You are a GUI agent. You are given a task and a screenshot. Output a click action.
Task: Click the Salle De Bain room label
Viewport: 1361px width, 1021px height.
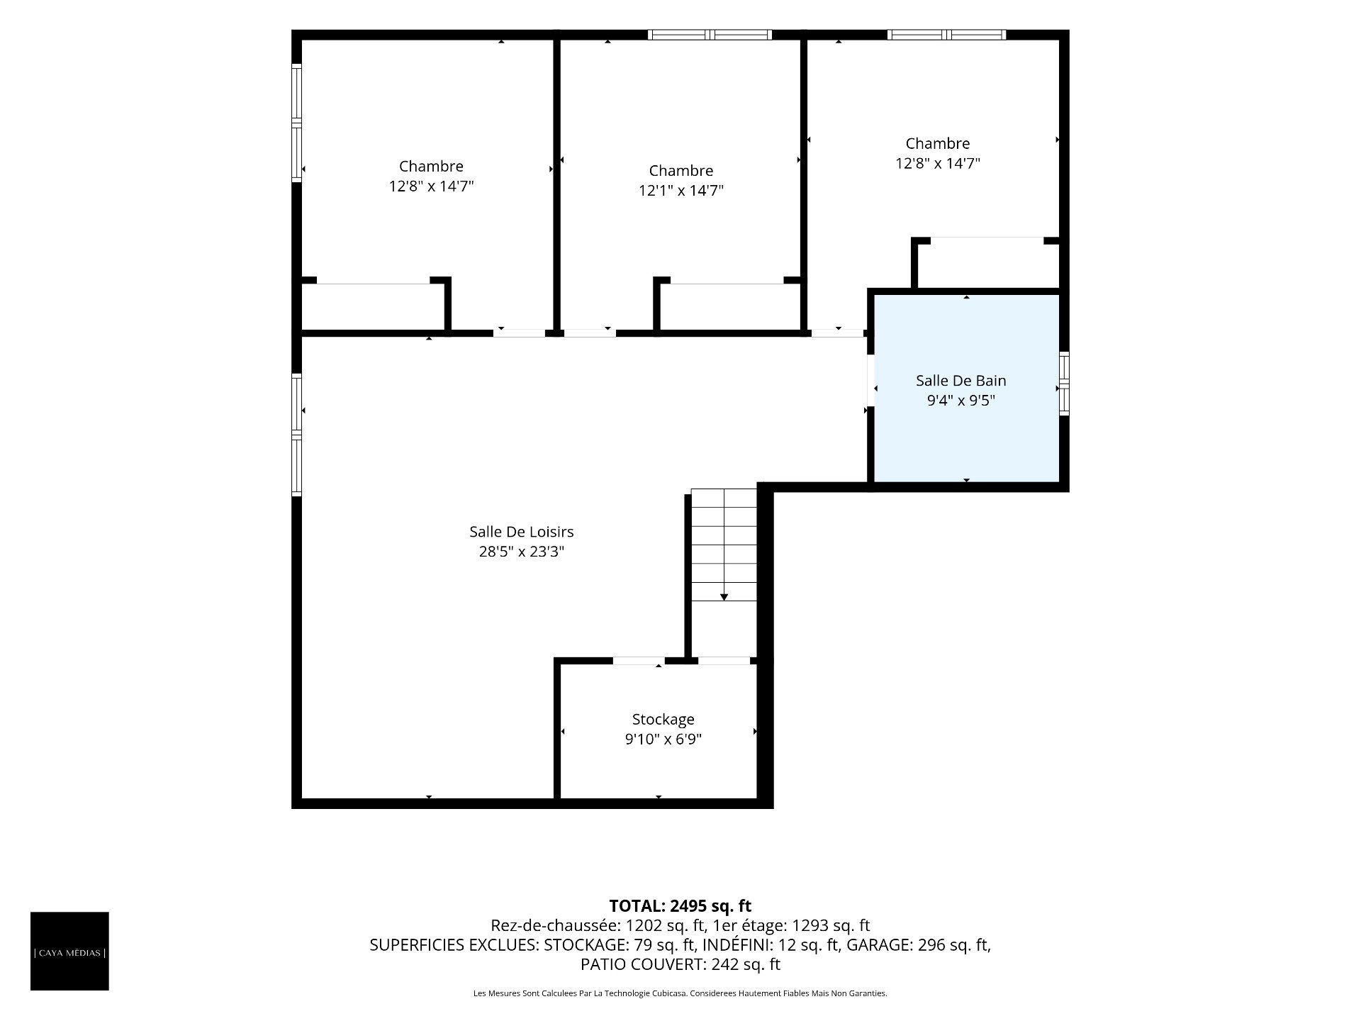(x=960, y=381)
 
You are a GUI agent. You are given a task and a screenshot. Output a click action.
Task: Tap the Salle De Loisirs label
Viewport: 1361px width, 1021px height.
(x=521, y=532)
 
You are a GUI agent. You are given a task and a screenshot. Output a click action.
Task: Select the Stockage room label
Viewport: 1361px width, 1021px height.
(x=663, y=720)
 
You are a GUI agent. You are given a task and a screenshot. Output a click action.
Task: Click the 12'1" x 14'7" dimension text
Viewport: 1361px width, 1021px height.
(x=680, y=191)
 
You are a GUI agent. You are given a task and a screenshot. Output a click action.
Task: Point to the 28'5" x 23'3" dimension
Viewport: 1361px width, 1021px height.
(x=521, y=552)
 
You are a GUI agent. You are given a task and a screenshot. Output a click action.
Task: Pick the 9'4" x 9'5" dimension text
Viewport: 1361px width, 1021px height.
(x=960, y=401)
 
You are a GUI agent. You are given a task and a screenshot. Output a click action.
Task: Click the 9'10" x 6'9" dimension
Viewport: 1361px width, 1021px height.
(x=663, y=740)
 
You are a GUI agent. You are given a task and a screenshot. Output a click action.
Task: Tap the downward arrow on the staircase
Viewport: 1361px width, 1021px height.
(x=724, y=597)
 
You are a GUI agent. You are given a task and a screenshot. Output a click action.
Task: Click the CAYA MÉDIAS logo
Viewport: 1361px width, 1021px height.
(x=69, y=951)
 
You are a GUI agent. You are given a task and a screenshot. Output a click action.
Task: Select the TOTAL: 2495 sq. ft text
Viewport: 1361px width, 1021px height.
(x=680, y=905)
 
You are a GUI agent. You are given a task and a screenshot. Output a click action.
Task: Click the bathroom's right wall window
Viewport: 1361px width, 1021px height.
(x=1064, y=383)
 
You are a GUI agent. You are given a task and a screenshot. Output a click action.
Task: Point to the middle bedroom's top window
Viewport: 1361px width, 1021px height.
(x=710, y=35)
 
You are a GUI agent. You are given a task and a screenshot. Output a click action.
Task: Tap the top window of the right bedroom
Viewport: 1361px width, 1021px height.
(x=946, y=35)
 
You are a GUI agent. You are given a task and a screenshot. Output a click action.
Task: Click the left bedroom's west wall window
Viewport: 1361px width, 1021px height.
(x=297, y=123)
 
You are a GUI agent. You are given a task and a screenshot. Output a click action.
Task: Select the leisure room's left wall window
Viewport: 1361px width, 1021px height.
(x=297, y=435)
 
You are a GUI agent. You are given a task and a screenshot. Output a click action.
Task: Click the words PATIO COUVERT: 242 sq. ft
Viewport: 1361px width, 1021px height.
(x=680, y=964)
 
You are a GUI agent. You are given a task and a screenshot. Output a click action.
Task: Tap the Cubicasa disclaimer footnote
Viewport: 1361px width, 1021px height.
(x=680, y=993)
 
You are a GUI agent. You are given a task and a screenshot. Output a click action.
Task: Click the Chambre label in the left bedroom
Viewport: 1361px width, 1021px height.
(x=431, y=167)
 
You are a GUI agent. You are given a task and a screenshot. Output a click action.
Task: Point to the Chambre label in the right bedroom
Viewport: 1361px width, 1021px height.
(x=937, y=144)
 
